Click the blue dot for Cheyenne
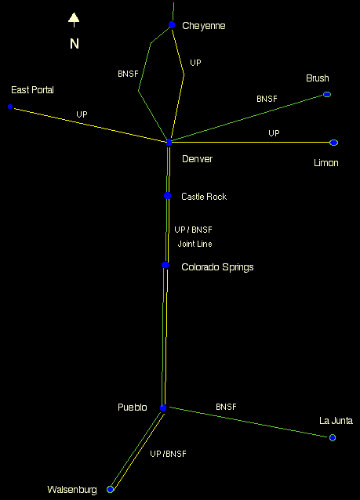coord(172,24)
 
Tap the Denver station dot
coord(169,142)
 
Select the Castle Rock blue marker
coord(168,195)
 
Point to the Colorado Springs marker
coord(165,265)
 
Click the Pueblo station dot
coord(163,408)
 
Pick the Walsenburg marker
coord(110,489)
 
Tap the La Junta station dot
coord(333,437)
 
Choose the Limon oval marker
coord(333,143)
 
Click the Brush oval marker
coord(327,94)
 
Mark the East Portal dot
coord(10,107)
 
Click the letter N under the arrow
coord(75,44)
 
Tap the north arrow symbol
coord(74,20)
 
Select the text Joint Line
coord(195,244)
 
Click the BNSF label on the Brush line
coord(267,99)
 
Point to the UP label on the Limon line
coord(275,133)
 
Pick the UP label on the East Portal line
coord(82,114)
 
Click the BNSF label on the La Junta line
coord(227,407)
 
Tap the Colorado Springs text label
coord(218,267)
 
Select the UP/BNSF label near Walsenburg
coord(168,454)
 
